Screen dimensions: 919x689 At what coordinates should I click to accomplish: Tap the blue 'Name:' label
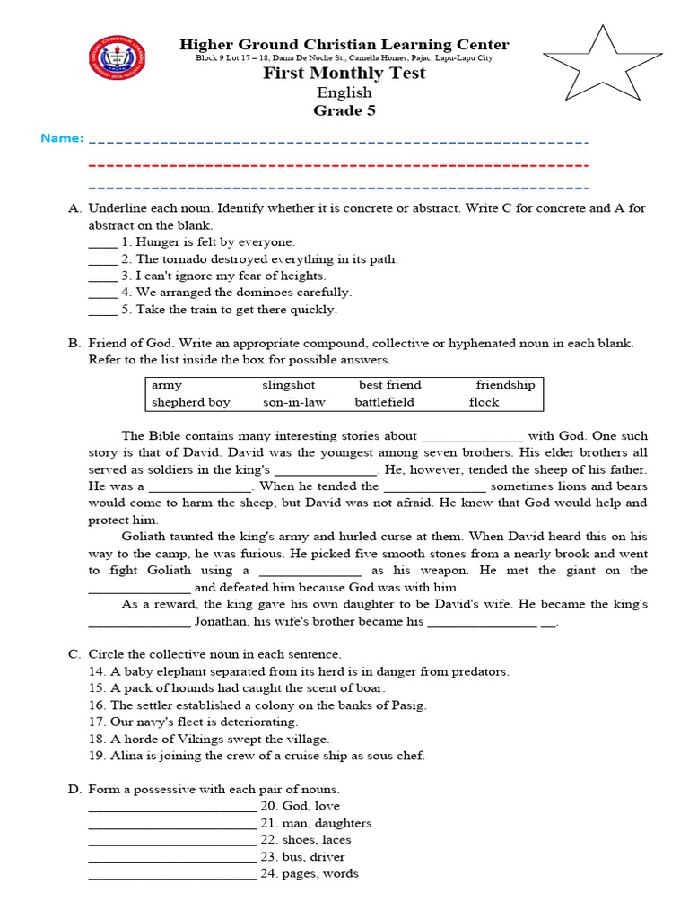tap(62, 138)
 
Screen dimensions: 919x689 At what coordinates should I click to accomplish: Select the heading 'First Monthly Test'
tap(344, 74)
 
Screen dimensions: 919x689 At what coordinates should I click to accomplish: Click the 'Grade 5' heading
tap(344, 111)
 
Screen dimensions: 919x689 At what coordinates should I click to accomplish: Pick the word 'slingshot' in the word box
tap(289, 385)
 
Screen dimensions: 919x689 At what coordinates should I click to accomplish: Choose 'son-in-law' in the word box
tap(294, 402)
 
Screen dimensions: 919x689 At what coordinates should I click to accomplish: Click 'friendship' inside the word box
tap(505, 385)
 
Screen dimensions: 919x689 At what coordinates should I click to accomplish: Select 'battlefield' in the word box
tap(384, 402)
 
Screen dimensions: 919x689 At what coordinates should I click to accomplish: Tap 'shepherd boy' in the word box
tap(191, 402)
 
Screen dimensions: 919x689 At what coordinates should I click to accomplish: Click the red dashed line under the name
tap(339, 166)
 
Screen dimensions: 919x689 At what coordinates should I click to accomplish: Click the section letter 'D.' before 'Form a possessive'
tap(74, 790)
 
